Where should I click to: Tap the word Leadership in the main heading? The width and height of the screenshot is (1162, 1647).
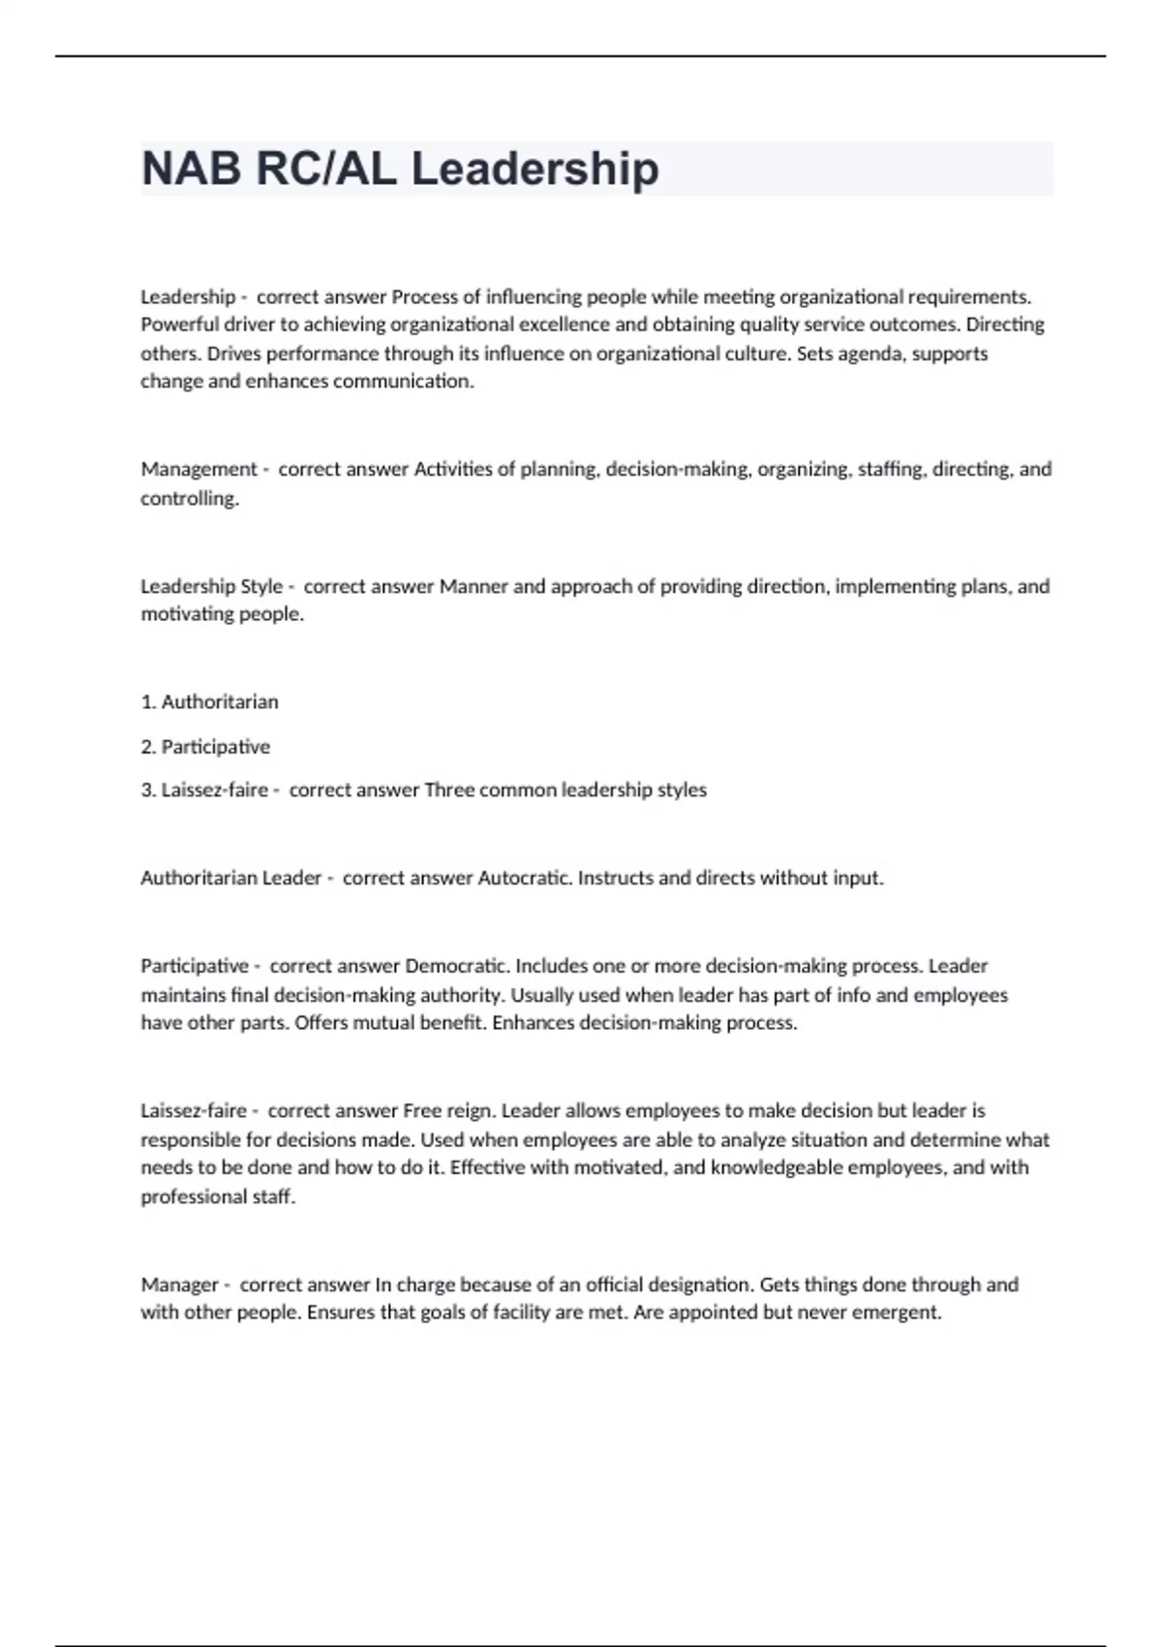pos(535,169)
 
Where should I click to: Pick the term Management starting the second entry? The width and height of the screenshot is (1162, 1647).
pos(199,469)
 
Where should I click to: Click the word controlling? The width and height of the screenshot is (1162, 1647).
pos(189,498)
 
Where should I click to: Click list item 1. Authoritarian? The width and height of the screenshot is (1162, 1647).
pos(209,701)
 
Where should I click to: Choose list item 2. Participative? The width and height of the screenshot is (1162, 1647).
pos(205,747)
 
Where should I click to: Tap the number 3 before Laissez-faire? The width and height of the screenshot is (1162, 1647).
pos(147,790)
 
